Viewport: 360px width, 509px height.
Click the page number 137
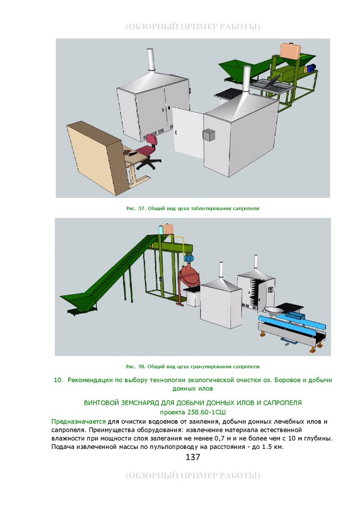point(193,457)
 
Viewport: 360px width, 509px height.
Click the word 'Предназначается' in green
point(79,422)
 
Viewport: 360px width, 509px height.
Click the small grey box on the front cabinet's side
point(209,135)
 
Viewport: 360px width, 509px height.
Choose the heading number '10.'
point(59,380)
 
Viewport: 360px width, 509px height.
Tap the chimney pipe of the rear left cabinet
point(150,60)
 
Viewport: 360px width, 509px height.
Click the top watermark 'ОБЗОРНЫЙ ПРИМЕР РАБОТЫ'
point(193,27)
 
